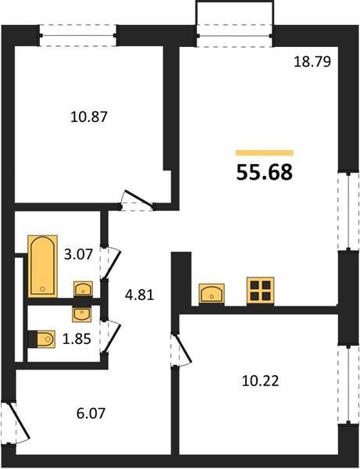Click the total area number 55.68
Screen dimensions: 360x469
tap(265, 173)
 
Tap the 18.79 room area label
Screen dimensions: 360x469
tap(312, 62)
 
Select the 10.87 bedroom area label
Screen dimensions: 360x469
tap(89, 116)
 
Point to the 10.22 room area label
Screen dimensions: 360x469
tap(260, 381)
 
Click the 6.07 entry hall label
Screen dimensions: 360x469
tap(91, 414)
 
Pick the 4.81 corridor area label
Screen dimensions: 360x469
tap(139, 295)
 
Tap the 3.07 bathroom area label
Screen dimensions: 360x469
tap(79, 255)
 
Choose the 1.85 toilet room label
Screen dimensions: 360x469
tap(77, 339)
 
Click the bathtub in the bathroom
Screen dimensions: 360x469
tap(42, 267)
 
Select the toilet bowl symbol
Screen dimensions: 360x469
tap(42, 339)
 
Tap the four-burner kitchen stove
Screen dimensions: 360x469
tap(260, 291)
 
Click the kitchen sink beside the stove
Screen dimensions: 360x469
tap(212, 294)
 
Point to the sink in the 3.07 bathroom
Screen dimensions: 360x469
tap(83, 288)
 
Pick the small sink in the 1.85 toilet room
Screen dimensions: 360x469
tap(82, 315)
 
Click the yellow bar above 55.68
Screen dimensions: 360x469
tap(265, 153)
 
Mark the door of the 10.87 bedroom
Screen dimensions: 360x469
tap(137, 201)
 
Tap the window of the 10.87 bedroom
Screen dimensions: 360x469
tap(78, 36)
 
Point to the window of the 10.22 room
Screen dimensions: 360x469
tap(348, 384)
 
